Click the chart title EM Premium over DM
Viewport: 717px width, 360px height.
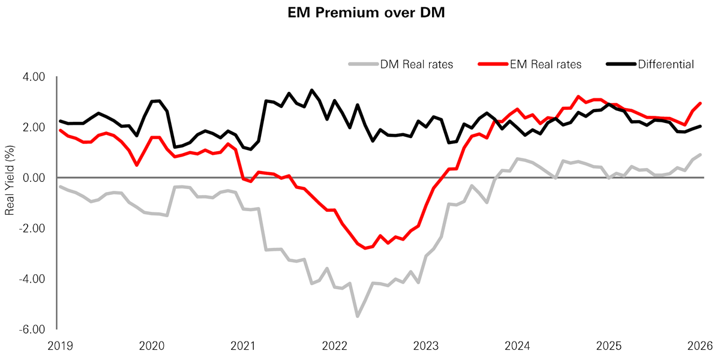366,14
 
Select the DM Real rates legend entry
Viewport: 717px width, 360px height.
401,64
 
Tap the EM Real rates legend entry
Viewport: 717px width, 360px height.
530,64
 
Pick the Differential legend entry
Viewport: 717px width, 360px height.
650,64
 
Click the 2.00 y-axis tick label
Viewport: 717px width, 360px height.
38,127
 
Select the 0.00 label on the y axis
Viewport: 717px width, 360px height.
38,178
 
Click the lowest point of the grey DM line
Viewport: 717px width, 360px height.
357,316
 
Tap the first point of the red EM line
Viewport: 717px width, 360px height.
61,130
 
